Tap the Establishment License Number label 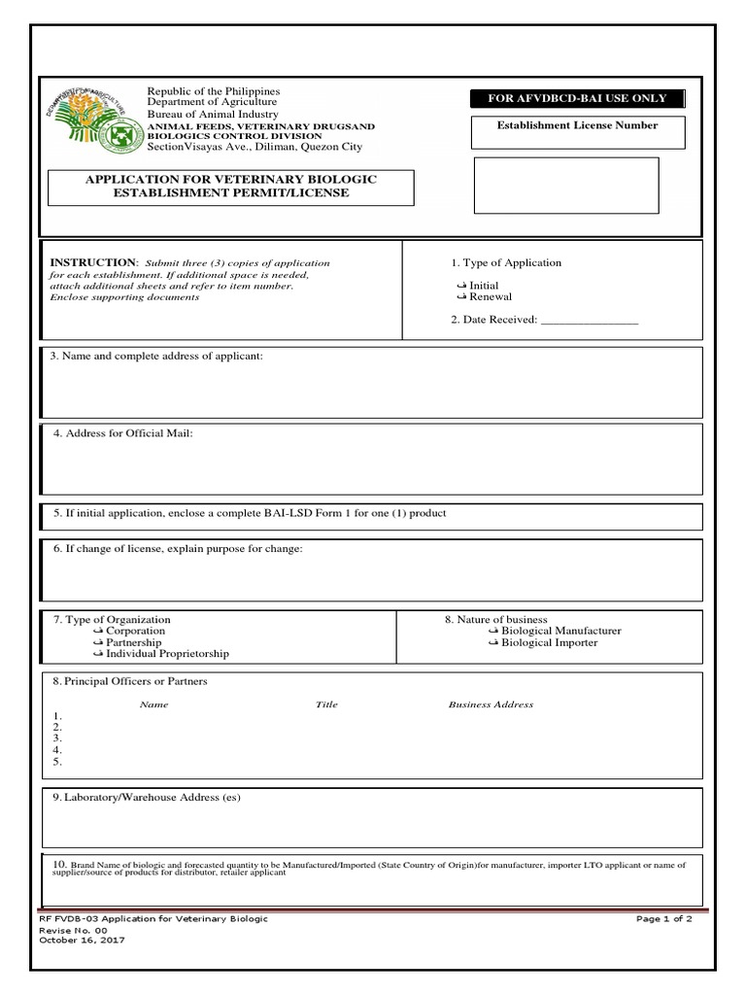577,125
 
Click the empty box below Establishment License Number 565,186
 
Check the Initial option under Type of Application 461,286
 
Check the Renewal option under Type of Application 461,297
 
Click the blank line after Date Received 589,320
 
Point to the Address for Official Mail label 123,432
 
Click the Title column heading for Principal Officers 326,704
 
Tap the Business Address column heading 491,704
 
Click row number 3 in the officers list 58,738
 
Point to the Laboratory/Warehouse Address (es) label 146,798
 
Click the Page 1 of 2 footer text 664,919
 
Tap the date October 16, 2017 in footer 82,941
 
